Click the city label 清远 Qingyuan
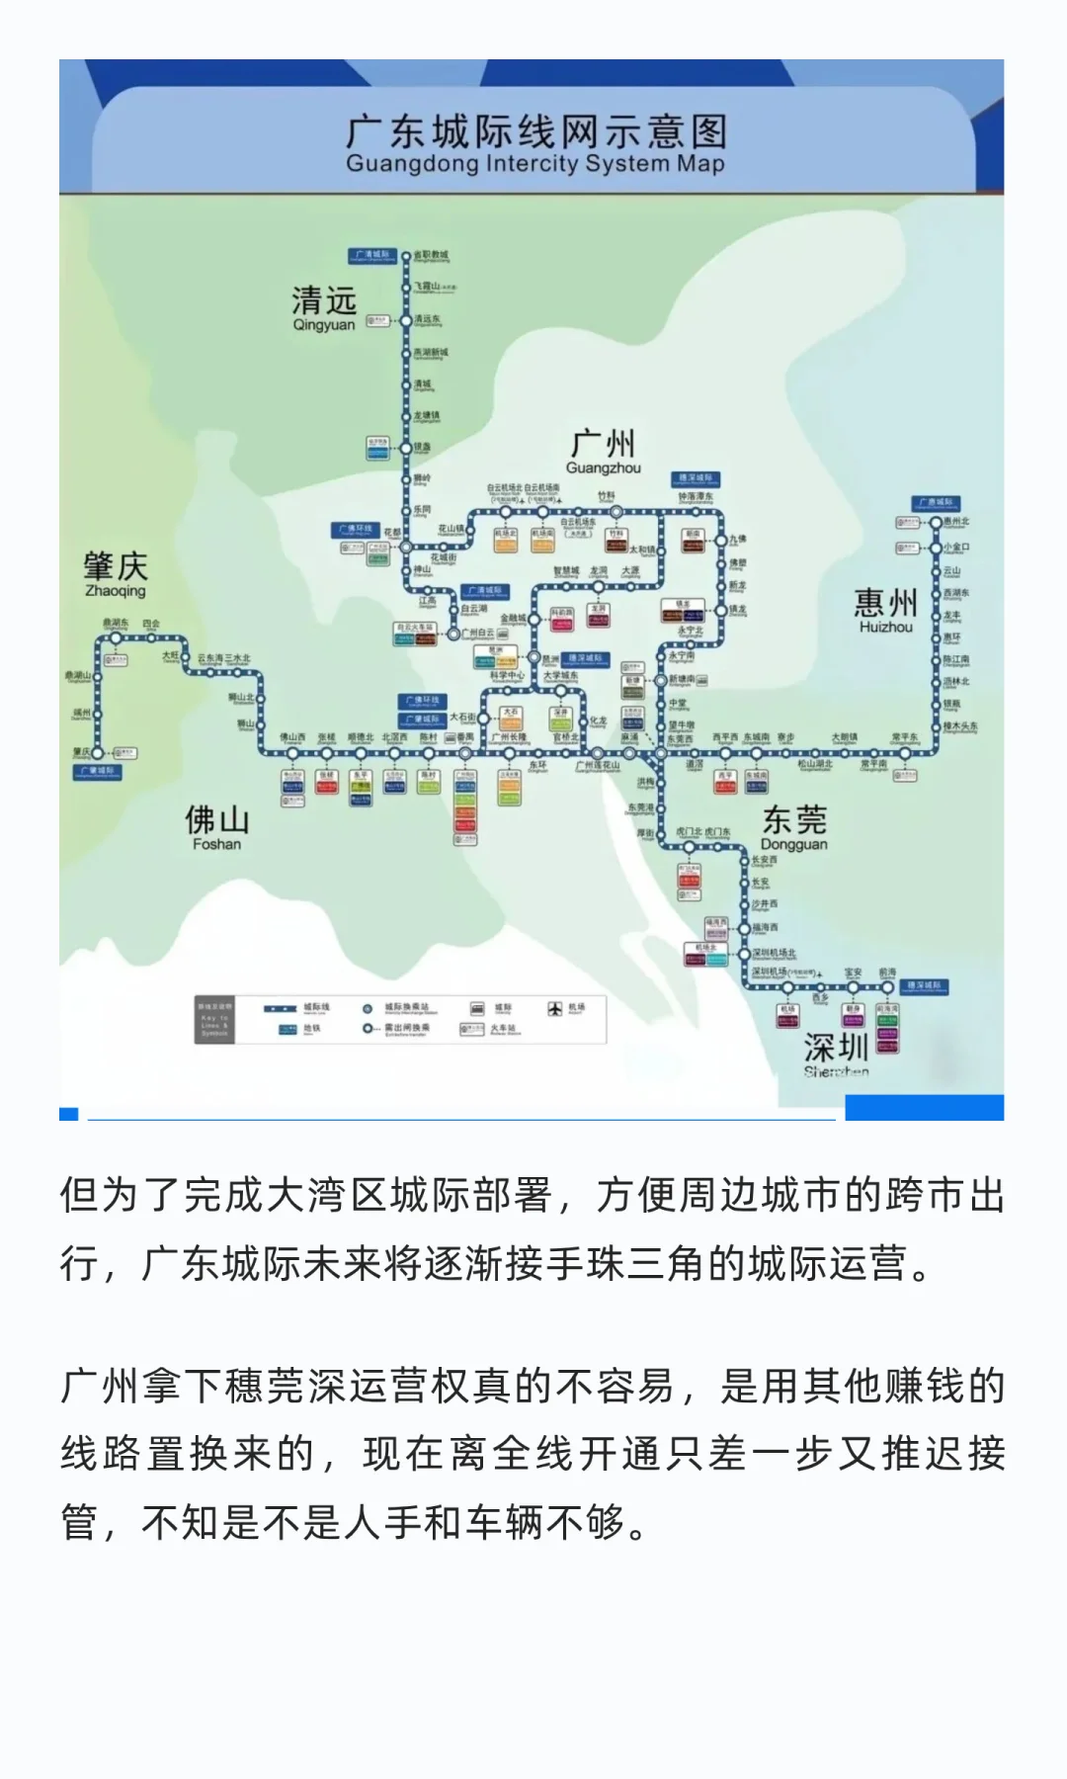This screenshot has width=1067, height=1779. (323, 307)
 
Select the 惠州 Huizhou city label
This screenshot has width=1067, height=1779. (885, 609)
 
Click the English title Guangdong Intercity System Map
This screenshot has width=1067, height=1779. (534, 164)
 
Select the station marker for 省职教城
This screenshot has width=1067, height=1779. (405, 256)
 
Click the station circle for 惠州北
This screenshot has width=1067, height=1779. (935, 522)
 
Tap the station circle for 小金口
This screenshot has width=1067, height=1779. (935, 547)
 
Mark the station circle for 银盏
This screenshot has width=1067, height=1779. (405, 448)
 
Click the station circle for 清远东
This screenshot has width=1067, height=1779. (405, 320)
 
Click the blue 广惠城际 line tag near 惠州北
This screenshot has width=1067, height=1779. (933, 503)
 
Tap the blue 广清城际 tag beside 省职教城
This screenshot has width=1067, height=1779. (372, 255)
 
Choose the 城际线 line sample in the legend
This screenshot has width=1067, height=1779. (280, 1008)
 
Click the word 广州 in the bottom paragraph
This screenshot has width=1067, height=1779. (100, 1386)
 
